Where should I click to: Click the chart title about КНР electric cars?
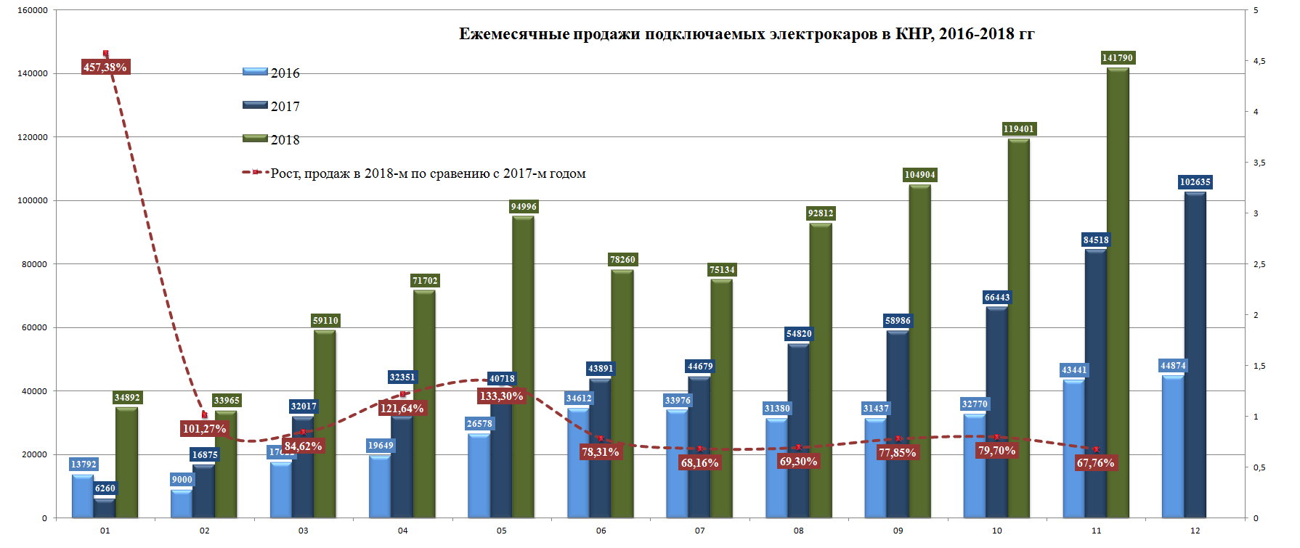pyautogui.click(x=746, y=34)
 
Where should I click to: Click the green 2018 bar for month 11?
pyautogui.click(x=1118, y=290)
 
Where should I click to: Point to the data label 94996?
pyautogui.click(x=524, y=207)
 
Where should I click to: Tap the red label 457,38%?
pyautogui.click(x=105, y=68)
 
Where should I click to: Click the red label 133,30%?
pyautogui.click(x=501, y=396)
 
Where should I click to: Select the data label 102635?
pyautogui.click(x=1195, y=182)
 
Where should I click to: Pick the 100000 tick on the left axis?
pyautogui.click(x=33, y=201)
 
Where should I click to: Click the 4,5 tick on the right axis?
pyautogui.click(x=1259, y=62)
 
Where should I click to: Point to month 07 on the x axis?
pyautogui.click(x=699, y=531)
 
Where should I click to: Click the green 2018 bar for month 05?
pyautogui.click(x=523, y=363)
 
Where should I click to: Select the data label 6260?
pyautogui.click(x=105, y=488)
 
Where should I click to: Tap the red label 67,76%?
pyautogui.click(x=1095, y=463)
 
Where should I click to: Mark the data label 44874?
pyautogui.click(x=1173, y=366)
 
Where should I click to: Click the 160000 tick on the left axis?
pyautogui.click(x=33, y=11)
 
